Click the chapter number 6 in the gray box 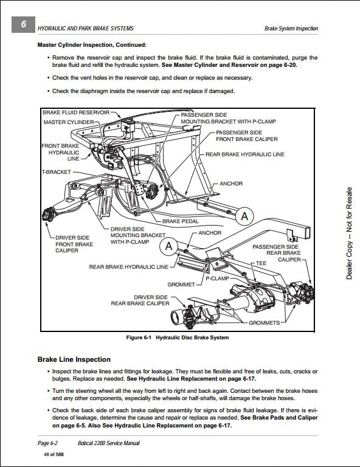pyautogui.click(x=24, y=24)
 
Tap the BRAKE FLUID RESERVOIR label pyautogui.click(x=76, y=112)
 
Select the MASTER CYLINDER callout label pyautogui.click(x=69, y=122)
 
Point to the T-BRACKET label pyautogui.click(x=57, y=172)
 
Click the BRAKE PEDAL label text pyautogui.click(x=180, y=221)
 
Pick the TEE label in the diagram pyautogui.click(x=261, y=263)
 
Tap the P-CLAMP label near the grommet pyautogui.click(x=217, y=278)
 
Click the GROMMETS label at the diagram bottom pyautogui.click(x=264, y=323)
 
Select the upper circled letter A pyautogui.click(x=244, y=216)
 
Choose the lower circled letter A pyautogui.click(x=169, y=246)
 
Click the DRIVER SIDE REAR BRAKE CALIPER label pyautogui.click(x=140, y=300)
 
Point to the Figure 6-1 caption pyautogui.click(x=178, y=337)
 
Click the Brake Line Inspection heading pyautogui.click(x=74, y=359)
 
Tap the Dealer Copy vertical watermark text pyautogui.click(x=349, y=233)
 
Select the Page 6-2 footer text pyautogui.click(x=47, y=443)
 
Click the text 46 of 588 pyautogui.click(x=54, y=454)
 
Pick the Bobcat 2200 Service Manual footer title pyautogui.click(x=109, y=443)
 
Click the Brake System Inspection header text pyautogui.click(x=291, y=29)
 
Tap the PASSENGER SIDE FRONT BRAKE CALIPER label pyautogui.click(x=246, y=136)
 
